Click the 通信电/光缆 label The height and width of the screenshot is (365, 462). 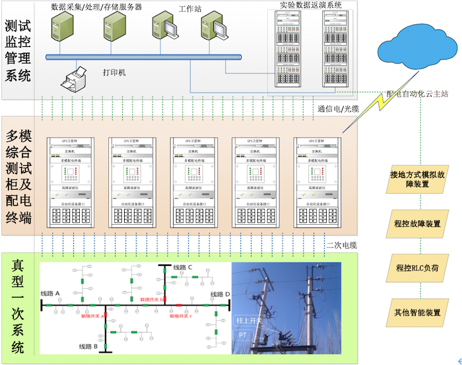pos(338,109)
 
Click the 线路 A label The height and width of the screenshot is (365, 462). pos(51,294)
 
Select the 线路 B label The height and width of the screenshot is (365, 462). pos(89,346)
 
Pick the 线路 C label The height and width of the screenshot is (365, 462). pos(183,267)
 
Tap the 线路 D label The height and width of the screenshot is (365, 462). pos(220,294)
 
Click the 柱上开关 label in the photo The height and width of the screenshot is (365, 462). pos(249,321)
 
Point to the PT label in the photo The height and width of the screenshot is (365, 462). pos(242,335)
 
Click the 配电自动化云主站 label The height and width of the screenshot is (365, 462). pos(418,94)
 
